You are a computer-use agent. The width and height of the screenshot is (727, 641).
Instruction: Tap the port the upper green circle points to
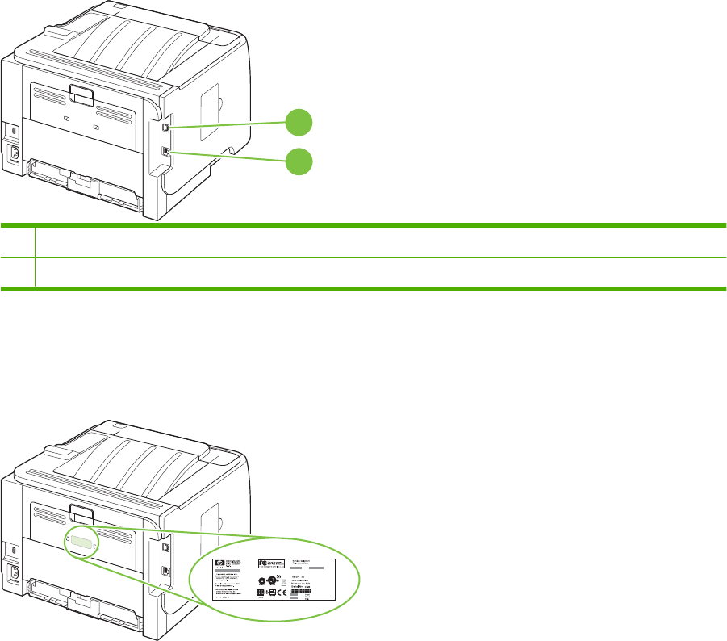click(x=165, y=127)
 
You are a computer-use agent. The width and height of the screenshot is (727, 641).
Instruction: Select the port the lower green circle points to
click(x=165, y=151)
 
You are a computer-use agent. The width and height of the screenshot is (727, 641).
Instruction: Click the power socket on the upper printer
click(x=14, y=153)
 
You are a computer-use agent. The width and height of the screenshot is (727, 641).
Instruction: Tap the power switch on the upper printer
click(x=13, y=128)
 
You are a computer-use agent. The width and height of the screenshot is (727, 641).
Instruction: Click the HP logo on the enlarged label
click(x=217, y=563)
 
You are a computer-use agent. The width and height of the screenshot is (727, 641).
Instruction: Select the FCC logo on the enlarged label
click(x=262, y=563)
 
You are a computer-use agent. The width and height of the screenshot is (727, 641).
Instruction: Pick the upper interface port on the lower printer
click(x=165, y=545)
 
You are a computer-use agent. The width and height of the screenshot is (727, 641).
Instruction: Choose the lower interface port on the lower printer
click(x=165, y=569)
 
